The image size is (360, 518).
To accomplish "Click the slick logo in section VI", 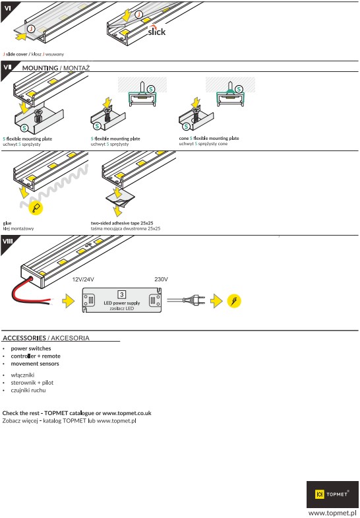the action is [156, 30].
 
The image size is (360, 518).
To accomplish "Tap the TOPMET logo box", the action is [332, 494].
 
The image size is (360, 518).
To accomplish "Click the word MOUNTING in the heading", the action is [40, 68].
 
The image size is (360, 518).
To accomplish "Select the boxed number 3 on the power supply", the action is [122, 294].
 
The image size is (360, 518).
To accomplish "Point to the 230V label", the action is [161, 280].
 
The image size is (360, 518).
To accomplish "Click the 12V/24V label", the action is [83, 280].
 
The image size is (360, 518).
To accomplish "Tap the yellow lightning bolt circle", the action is [234, 301].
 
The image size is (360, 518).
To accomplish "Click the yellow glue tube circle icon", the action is [36, 208].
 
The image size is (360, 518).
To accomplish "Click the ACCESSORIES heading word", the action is [24, 338].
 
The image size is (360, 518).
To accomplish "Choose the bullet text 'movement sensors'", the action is [35, 364].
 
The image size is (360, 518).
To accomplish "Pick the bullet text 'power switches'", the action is [31, 348].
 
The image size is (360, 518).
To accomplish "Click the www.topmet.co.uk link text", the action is [127, 413].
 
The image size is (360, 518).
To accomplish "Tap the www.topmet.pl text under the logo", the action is [332, 513].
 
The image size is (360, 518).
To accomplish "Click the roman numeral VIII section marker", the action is [7, 241].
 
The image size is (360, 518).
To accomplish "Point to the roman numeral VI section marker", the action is [7, 8].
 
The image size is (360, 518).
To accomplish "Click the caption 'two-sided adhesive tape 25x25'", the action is [122, 223].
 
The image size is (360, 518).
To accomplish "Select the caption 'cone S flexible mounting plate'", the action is [209, 138].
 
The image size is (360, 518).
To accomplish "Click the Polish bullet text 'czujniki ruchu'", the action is [28, 390].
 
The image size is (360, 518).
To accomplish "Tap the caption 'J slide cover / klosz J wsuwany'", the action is [34, 54].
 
